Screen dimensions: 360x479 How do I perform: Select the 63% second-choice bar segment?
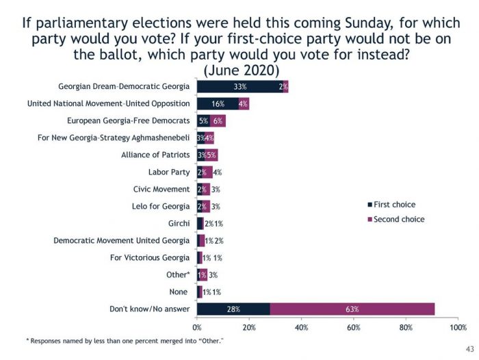tap(352, 309)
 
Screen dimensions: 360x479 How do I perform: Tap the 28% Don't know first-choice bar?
tap(233, 309)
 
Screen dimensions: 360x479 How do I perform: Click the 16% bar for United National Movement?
tap(218, 104)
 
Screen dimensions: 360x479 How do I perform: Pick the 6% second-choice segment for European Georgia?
tap(218, 121)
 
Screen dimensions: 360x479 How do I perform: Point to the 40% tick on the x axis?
tap(301, 327)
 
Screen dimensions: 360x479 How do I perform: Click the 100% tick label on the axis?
tap(457, 327)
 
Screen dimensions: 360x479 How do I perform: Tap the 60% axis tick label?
tap(353, 327)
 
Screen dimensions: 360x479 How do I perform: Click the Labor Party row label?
tap(169, 172)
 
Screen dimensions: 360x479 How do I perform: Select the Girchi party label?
tap(179, 223)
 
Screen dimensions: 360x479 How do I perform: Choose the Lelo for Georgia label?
tap(161, 206)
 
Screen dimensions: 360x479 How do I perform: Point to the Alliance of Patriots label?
tap(155, 155)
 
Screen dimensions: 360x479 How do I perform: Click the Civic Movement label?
tap(161, 189)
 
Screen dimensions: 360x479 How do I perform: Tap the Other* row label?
tap(179, 274)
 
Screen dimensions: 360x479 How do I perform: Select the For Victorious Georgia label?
tap(150, 257)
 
